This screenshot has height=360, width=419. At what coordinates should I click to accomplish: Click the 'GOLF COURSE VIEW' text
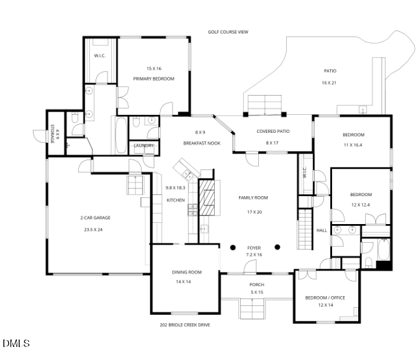[x=228, y=32]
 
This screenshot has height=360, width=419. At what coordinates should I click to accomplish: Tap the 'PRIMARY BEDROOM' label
[x=153, y=79]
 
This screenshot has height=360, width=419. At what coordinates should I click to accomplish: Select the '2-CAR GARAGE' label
[x=95, y=218]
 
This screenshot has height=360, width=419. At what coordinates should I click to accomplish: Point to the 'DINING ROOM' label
[x=187, y=272]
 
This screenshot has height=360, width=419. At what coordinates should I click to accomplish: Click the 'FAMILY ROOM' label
[x=253, y=197]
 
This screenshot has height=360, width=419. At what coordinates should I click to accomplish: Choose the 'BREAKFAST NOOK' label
[x=202, y=143]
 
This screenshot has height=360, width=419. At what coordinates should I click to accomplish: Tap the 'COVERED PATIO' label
[x=273, y=132]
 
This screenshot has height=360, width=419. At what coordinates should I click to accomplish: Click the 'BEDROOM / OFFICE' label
[x=325, y=297]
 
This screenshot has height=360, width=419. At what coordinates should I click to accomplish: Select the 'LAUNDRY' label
[x=144, y=146]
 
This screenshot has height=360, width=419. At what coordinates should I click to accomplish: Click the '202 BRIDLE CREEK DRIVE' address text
[x=184, y=325]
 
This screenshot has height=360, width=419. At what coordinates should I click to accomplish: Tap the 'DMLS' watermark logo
[x=16, y=343]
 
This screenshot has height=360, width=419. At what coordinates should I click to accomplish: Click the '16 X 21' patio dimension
[x=328, y=83]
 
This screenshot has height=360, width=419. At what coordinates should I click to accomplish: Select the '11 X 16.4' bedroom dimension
[x=353, y=145]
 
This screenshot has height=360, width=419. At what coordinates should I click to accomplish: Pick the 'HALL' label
[x=322, y=230]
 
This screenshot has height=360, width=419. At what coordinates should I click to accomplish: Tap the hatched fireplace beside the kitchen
[x=208, y=197]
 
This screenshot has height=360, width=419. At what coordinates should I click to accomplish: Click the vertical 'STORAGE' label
[x=52, y=134]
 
